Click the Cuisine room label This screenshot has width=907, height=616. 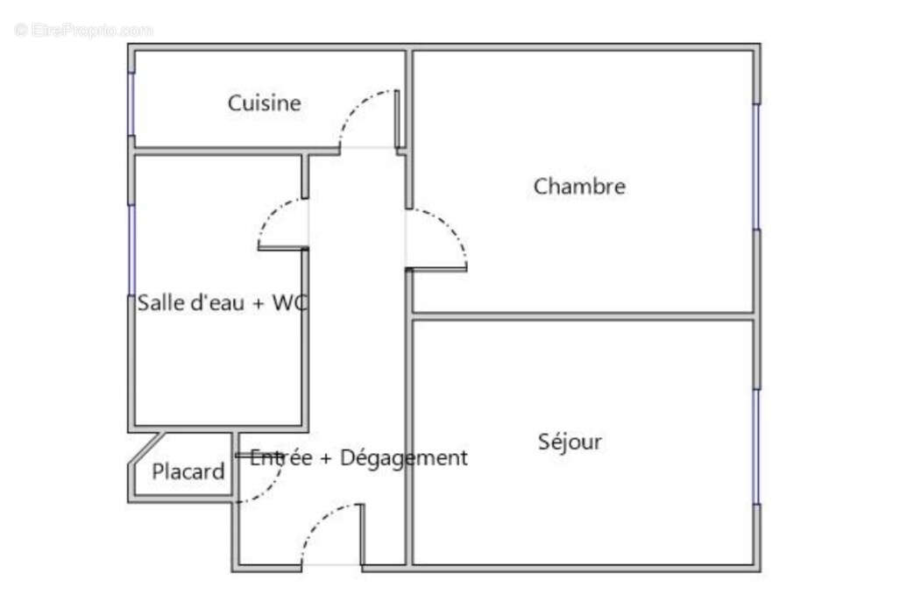click(x=264, y=103)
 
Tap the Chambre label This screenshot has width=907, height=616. click(x=579, y=187)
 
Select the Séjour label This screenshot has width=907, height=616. click(x=570, y=442)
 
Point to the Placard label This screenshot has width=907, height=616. click(x=188, y=472)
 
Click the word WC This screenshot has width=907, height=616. click(x=288, y=304)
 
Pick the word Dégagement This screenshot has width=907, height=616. click(x=403, y=457)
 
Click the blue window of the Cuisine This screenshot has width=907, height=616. click(x=131, y=103)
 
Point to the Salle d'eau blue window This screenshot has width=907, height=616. click(x=131, y=250)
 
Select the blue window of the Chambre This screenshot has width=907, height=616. click(x=757, y=166)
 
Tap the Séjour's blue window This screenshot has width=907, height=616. click(x=757, y=447)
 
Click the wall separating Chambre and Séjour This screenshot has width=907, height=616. click(x=583, y=315)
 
